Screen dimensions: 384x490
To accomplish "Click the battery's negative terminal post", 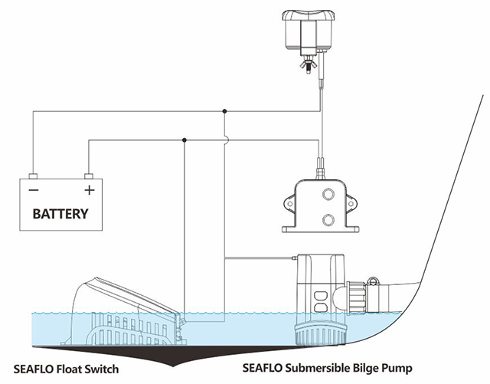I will click(x=33, y=175).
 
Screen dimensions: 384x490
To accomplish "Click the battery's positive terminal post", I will click(x=89, y=175).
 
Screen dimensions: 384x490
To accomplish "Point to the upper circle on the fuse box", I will click(x=328, y=194).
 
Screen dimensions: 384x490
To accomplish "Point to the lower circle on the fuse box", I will click(x=328, y=220).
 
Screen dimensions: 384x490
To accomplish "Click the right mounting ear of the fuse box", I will click(x=351, y=203).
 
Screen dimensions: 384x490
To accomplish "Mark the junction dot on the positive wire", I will click(x=185, y=140).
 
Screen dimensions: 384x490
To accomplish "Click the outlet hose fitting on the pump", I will click(x=360, y=295).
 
